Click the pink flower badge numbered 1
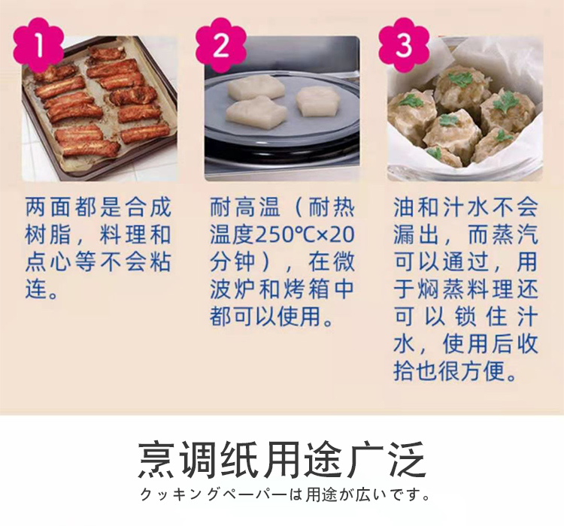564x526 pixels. point(38,45)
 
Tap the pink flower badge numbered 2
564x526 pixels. point(221,45)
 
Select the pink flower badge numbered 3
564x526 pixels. point(404,45)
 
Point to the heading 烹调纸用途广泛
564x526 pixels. point(282,460)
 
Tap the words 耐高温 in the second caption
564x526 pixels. point(244,207)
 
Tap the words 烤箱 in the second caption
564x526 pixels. point(306,289)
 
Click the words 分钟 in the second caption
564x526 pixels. point(233,262)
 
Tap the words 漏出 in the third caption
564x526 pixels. point(417,234)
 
